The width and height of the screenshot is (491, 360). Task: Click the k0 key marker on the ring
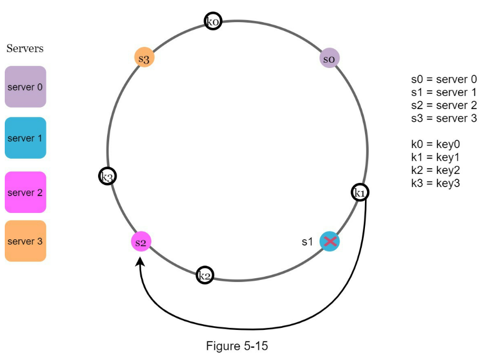point(213,21)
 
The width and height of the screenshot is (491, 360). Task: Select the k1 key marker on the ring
point(360,193)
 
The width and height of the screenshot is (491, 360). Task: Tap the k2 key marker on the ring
point(205,275)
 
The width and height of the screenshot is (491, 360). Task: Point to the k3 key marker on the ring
point(108,176)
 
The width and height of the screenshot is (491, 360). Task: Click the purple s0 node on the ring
point(329,58)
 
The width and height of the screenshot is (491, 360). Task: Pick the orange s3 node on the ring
point(144,58)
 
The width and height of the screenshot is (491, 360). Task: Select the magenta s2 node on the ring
point(140,242)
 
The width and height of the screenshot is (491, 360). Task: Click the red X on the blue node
point(330,241)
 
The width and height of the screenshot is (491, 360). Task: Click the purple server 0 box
point(25,87)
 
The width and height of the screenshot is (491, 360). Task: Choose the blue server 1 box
point(25,138)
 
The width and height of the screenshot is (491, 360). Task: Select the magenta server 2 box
point(25,192)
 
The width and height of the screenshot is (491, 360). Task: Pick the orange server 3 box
point(25,241)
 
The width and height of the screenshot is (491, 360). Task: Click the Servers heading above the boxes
point(25,48)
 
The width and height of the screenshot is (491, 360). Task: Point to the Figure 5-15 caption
point(237,346)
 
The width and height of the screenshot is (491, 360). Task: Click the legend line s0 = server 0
point(444,80)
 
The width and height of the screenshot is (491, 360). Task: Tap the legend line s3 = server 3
point(444,118)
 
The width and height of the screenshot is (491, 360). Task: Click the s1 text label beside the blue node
point(307,241)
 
